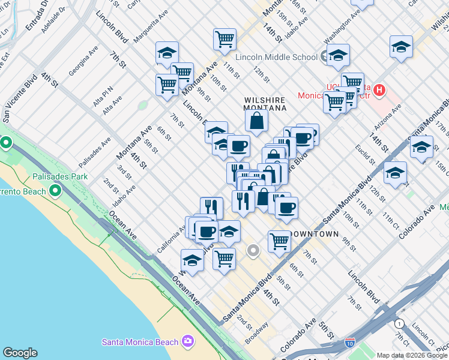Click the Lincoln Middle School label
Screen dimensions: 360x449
point(276,57)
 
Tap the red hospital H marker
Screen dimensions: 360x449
point(379,91)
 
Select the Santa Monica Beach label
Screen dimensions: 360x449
point(140,342)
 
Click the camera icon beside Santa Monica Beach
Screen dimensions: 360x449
point(188,341)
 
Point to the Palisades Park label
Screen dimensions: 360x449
point(61,176)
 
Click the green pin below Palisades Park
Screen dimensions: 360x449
point(56,191)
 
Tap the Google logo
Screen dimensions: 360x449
point(20,353)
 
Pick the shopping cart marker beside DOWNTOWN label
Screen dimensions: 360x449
point(280,241)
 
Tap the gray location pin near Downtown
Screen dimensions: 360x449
point(254,250)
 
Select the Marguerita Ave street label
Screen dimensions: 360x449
point(148,29)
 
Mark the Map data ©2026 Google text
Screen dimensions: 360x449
point(411,355)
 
